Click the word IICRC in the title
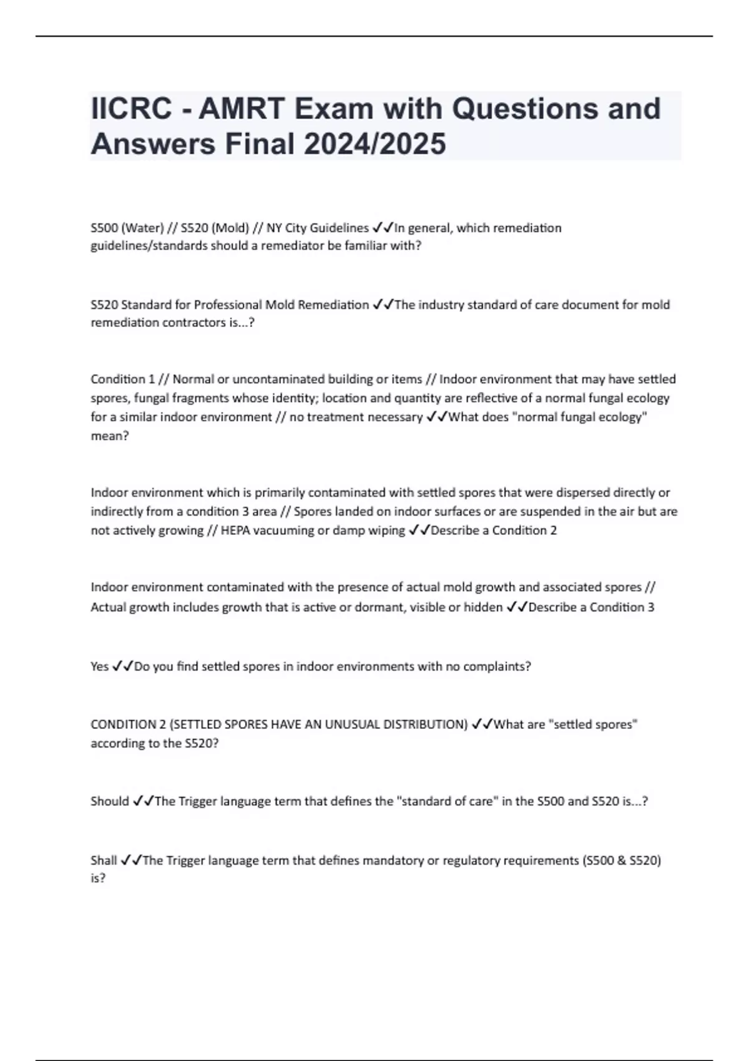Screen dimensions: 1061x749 [x=131, y=109]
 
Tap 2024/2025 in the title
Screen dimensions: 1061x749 [x=374, y=144]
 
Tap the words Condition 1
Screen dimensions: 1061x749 [x=123, y=379]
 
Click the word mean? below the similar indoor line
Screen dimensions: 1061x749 [x=110, y=436]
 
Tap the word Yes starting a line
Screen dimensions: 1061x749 [x=100, y=667]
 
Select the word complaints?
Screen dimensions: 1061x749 [x=496, y=667]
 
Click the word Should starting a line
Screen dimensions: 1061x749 [x=110, y=801]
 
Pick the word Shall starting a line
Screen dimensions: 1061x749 [x=104, y=861]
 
